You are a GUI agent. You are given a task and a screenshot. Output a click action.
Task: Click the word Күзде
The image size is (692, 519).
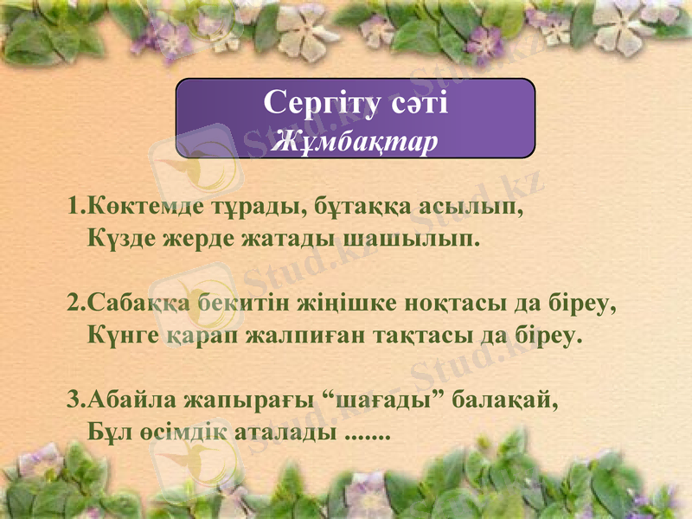[x=122, y=238]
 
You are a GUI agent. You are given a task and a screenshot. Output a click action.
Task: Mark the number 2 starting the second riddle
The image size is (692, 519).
[x=74, y=305]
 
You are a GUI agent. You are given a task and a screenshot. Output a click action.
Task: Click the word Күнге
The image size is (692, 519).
[x=123, y=335]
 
